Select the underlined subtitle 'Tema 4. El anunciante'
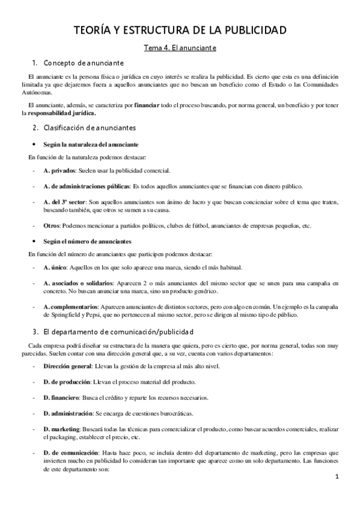(180, 47)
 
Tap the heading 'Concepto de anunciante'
(84, 63)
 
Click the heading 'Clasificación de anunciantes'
(90, 128)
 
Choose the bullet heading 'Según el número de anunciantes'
(89, 241)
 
